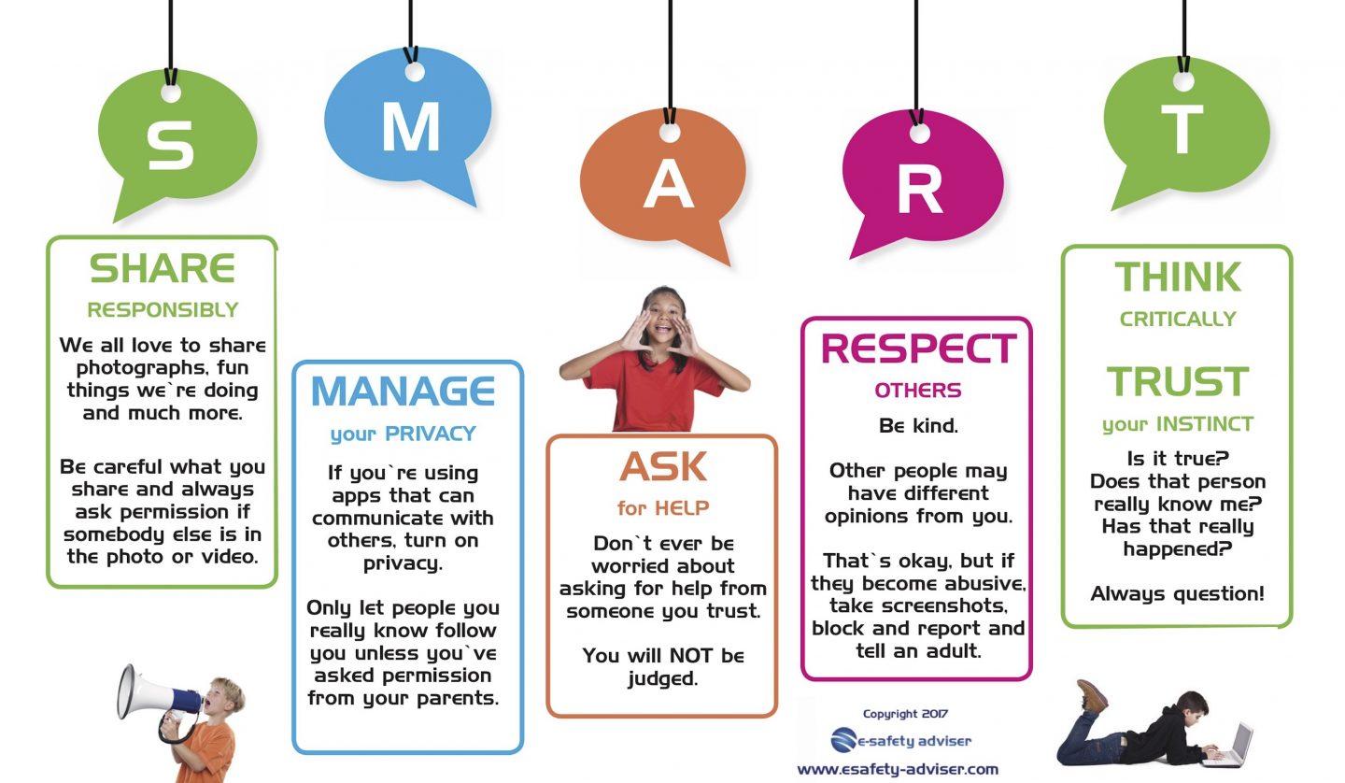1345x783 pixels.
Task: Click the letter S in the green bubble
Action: (x=170, y=145)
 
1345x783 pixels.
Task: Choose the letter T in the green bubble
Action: (x=1182, y=130)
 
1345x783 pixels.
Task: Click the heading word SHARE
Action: (x=162, y=269)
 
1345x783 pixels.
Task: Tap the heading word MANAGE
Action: (x=403, y=391)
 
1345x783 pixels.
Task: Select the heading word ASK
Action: (x=663, y=466)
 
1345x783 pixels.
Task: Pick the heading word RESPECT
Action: (x=917, y=349)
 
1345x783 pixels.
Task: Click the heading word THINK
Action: (x=1177, y=278)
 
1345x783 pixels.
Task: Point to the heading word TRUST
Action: (x=1177, y=381)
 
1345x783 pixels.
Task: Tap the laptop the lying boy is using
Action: (x=1235, y=744)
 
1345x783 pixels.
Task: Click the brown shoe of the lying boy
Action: (x=1093, y=696)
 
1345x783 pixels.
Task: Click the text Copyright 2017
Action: (x=902, y=714)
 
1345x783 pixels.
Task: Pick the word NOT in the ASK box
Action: (x=687, y=655)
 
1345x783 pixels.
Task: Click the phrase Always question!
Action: (x=1177, y=593)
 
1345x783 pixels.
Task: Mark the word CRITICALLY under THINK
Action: (x=1177, y=320)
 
